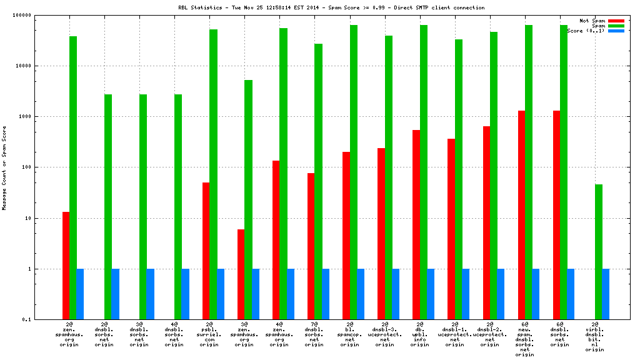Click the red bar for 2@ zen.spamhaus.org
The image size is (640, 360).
click(66, 266)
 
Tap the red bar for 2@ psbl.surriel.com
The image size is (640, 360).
click(206, 251)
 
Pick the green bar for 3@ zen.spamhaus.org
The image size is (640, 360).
click(248, 199)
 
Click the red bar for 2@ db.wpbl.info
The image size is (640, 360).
click(416, 224)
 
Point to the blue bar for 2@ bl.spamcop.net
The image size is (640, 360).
click(361, 294)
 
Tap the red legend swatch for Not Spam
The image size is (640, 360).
click(616, 21)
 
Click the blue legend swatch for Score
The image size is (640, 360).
click(616, 31)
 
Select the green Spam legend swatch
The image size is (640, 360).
click(616, 26)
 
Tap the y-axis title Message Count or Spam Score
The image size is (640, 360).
click(4, 167)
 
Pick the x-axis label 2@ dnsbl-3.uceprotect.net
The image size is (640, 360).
click(385, 334)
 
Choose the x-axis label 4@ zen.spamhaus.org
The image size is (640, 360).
click(279, 334)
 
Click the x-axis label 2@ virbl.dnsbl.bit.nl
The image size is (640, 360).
click(595, 337)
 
